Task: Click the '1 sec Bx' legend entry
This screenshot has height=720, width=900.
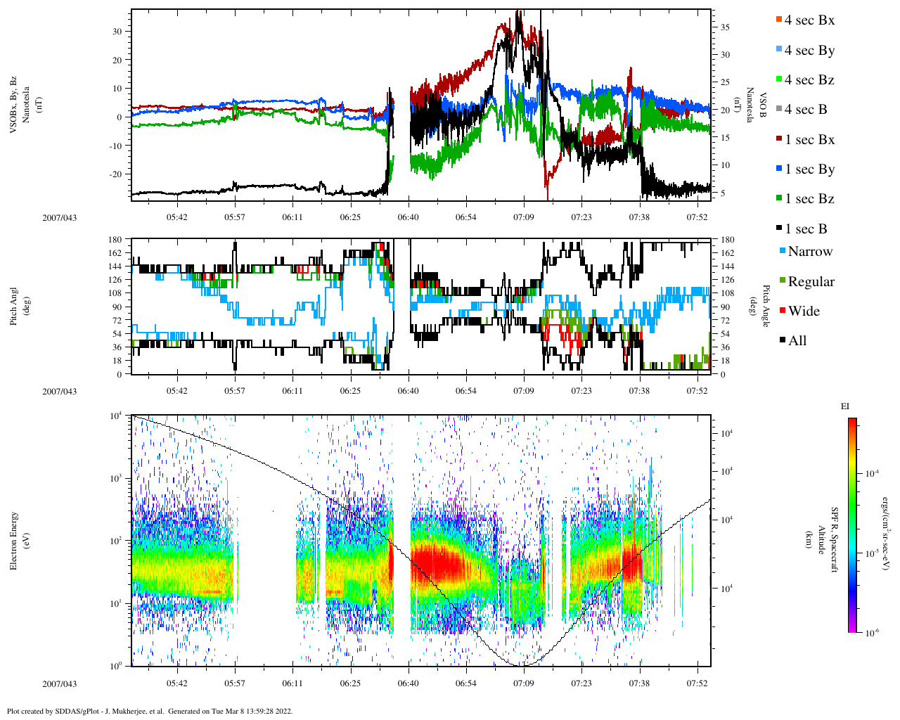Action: click(x=809, y=140)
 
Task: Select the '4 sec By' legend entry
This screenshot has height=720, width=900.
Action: click(x=809, y=51)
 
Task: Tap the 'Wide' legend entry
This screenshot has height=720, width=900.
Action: click(x=804, y=311)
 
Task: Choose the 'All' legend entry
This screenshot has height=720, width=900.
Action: click(x=797, y=341)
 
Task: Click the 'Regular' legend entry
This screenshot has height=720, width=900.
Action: click(x=811, y=282)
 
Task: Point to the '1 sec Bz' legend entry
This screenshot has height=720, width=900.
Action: click(x=809, y=199)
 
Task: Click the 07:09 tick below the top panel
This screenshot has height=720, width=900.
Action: click(x=524, y=217)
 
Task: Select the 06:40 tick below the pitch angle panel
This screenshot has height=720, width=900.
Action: click(x=408, y=391)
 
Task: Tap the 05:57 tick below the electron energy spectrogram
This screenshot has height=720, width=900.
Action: click(x=235, y=683)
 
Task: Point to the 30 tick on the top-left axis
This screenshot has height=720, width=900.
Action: click(x=116, y=31)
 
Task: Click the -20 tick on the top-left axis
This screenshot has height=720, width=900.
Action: click(x=114, y=174)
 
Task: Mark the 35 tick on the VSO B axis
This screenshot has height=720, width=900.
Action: click(x=725, y=27)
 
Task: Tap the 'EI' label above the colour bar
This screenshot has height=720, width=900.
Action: click(x=845, y=406)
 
